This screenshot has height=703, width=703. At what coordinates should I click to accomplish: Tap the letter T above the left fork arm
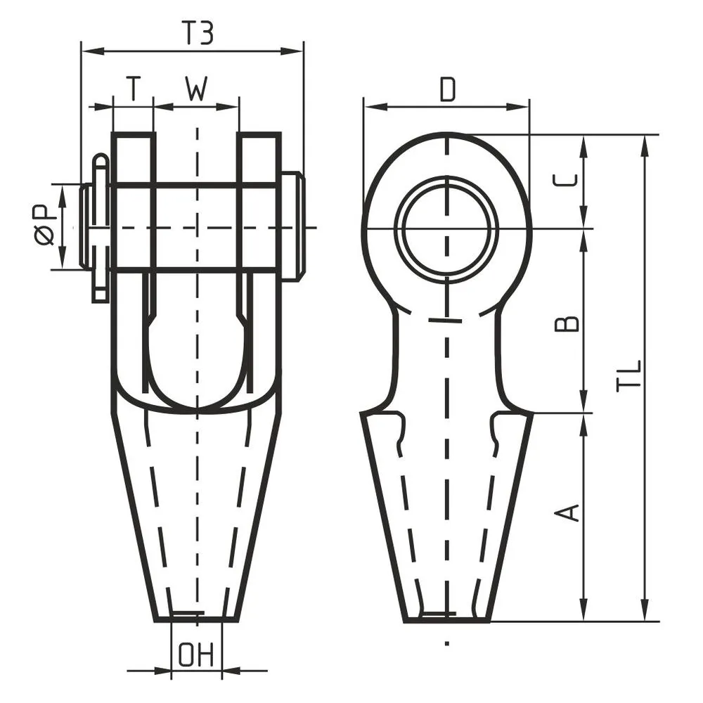click(x=133, y=89)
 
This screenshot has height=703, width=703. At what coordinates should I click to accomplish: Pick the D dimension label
click(x=447, y=89)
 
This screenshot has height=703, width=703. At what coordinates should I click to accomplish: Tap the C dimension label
click(x=565, y=180)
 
